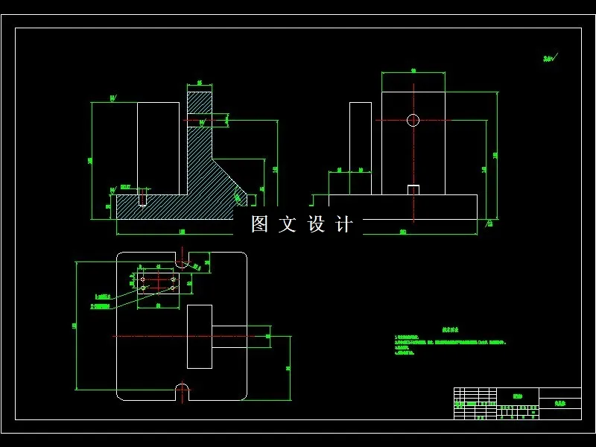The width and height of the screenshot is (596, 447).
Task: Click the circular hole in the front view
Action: coord(413,119)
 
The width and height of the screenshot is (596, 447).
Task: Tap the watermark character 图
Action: coord(259,224)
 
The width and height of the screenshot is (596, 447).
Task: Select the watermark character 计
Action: coord(344,224)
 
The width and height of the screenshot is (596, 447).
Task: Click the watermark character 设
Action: coord(316,224)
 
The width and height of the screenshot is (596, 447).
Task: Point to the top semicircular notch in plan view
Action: coord(182,262)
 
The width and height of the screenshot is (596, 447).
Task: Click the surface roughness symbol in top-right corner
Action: coord(550,57)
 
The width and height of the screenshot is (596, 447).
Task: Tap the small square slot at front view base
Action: coord(413,190)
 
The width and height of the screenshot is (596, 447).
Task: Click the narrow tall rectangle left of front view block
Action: coord(361,148)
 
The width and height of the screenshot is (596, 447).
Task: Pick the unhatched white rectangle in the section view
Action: coord(159,148)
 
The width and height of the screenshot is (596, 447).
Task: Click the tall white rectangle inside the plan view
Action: coord(199,336)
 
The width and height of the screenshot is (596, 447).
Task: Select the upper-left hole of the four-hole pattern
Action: coord(143,279)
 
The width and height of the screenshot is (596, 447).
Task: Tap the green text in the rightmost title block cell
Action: coord(559,403)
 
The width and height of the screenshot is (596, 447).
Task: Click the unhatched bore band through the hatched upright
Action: coord(200,119)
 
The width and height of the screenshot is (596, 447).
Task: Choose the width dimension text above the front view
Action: coord(413,71)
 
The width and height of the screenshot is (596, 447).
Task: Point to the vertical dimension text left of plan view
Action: coord(74,326)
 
